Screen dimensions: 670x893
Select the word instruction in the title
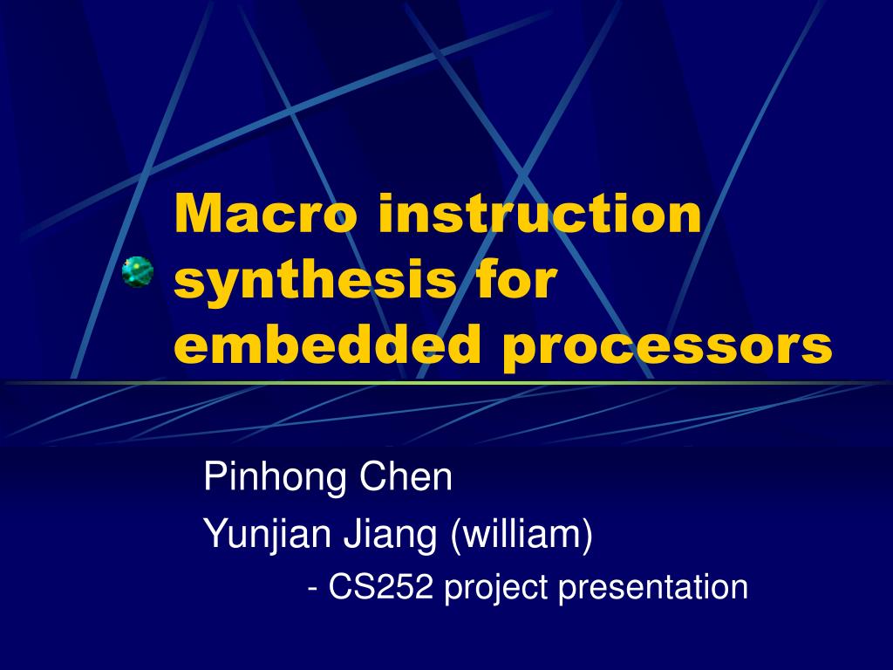[x=541, y=215]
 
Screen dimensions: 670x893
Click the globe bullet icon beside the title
[x=138, y=272]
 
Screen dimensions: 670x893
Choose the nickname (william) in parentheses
[x=521, y=533]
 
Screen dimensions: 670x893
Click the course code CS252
[x=381, y=587]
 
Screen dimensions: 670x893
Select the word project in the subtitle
[x=495, y=589]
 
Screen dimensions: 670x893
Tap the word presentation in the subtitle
[x=653, y=587]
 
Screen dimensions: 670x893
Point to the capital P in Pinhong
[x=213, y=477]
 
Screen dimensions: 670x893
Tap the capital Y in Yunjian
[x=213, y=532]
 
